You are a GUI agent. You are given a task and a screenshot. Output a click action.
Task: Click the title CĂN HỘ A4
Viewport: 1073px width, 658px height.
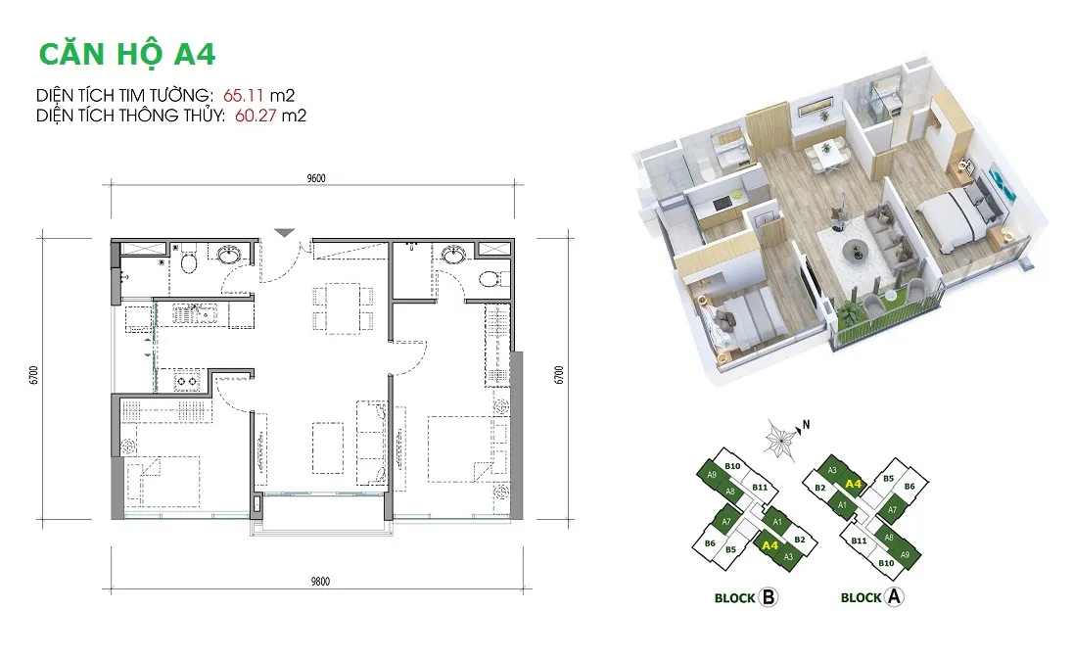pos(127,54)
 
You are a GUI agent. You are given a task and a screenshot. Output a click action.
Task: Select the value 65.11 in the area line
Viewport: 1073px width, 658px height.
pos(243,95)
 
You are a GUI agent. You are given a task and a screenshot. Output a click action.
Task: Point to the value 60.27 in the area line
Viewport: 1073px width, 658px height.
pos(256,116)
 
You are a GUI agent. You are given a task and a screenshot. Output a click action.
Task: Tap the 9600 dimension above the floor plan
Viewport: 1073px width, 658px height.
pos(316,178)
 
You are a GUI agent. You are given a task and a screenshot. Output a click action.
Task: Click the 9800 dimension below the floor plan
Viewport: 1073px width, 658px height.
pos(320,582)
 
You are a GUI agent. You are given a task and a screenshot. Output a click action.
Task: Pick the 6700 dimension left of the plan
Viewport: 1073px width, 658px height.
pos(34,375)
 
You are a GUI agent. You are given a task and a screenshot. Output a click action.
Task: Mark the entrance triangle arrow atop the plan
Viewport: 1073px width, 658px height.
pos(285,233)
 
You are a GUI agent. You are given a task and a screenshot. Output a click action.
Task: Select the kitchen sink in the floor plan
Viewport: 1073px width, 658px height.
pos(195,314)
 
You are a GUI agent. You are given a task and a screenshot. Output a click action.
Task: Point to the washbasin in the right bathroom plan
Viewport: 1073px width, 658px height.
pos(453,256)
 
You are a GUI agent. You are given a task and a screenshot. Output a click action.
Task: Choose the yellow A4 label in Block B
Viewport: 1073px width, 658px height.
pos(770,545)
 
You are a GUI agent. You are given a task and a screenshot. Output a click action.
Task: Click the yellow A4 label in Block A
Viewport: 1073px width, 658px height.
pos(853,484)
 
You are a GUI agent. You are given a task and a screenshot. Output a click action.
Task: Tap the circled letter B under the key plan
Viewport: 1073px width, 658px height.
pos(769,597)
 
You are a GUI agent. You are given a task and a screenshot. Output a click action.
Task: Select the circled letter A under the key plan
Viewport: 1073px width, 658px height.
pos(894,596)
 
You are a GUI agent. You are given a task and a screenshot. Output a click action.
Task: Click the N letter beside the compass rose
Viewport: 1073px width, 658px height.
pos(806,425)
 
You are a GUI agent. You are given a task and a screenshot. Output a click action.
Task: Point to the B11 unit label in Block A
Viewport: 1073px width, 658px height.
pos(859,540)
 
